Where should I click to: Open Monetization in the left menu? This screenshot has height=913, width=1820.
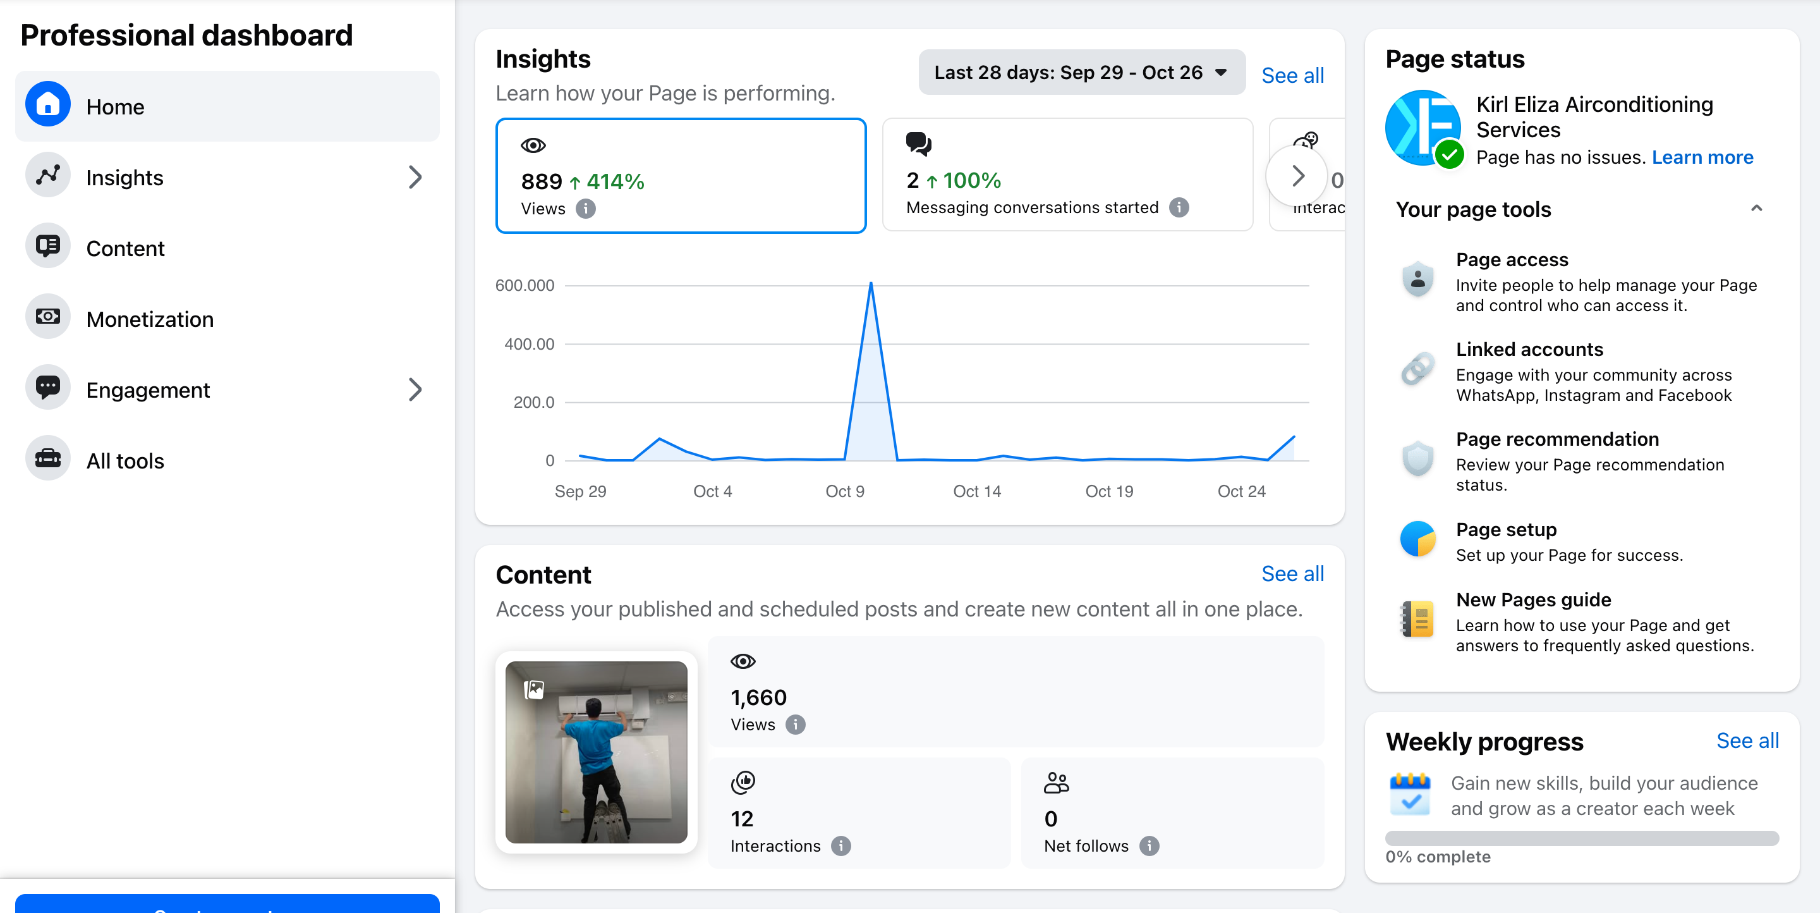(x=149, y=319)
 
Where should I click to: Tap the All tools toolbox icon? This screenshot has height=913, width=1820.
(x=48, y=458)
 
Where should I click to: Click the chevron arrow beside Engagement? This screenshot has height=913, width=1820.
(x=415, y=389)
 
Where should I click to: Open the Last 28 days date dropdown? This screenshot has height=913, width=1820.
(x=1081, y=72)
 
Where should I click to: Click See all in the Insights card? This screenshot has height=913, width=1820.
(x=1292, y=76)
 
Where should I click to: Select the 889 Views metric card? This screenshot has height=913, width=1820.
(x=681, y=176)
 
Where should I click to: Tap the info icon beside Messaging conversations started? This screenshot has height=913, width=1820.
(x=1179, y=208)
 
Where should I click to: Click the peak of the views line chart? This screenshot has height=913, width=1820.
(x=871, y=283)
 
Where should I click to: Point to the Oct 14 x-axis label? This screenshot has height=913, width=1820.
(x=976, y=491)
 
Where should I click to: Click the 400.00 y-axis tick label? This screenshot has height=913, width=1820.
(x=529, y=344)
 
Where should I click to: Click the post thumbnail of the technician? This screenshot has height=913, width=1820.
(x=595, y=752)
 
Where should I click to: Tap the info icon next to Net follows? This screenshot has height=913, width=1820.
(x=1150, y=846)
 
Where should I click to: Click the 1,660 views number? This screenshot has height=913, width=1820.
(x=758, y=697)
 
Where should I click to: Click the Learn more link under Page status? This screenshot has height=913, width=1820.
(x=1702, y=157)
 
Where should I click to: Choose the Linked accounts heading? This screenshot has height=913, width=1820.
(x=1529, y=349)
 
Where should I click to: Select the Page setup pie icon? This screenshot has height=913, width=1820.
(x=1417, y=539)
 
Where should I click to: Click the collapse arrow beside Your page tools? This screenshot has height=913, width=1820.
(x=1756, y=209)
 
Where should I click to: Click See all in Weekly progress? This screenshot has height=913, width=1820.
(x=1747, y=740)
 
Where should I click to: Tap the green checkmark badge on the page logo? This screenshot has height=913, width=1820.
(x=1449, y=154)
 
